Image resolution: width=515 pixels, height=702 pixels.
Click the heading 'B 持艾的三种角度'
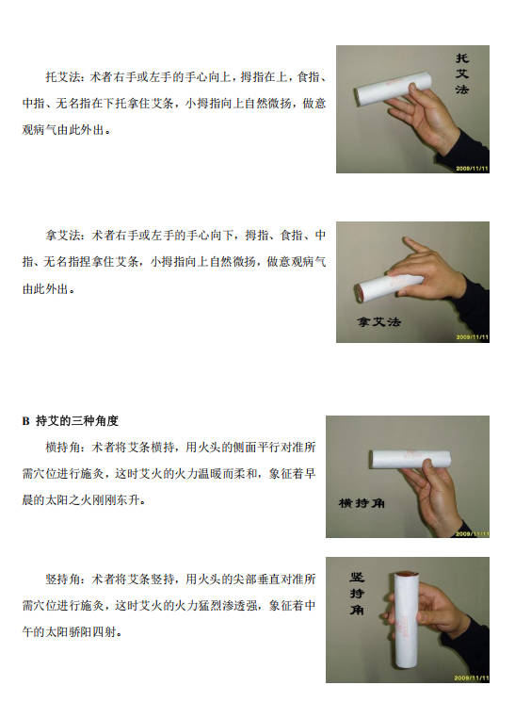tap(71, 421)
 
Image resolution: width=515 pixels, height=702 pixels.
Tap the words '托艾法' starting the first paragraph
tap(63, 77)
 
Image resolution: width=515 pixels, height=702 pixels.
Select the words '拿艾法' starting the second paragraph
tap(63, 235)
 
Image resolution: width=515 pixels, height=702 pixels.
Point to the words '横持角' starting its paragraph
tap(63, 447)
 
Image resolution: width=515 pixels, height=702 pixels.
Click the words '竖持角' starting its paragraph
tap(63, 579)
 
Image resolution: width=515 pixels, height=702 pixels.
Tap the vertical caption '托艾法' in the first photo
tap(461, 73)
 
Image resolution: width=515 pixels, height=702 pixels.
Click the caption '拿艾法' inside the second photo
tap(378, 321)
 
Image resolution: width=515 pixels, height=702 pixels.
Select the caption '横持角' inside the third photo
tap(362, 503)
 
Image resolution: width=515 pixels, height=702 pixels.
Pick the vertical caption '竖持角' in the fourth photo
tap(357, 594)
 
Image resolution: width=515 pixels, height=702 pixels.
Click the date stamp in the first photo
tap(472, 169)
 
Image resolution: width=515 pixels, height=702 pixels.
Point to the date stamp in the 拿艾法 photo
tap(473, 336)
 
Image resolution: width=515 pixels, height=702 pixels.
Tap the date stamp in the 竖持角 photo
tap(472, 678)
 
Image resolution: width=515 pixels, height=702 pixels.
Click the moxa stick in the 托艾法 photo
tap(394, 90)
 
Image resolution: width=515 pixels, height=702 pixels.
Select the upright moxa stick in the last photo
tap(407, 625)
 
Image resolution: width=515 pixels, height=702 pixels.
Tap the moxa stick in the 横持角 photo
tap(410, 459)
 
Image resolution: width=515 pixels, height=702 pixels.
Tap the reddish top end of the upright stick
tap(407, 574)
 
